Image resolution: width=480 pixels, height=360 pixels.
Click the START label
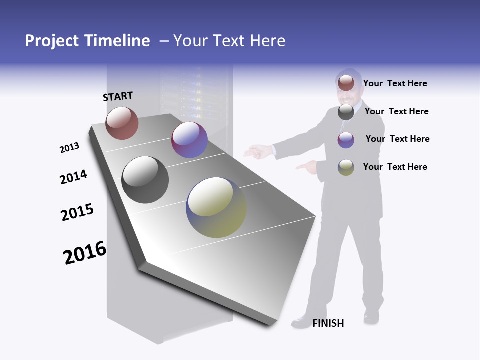point(118,96)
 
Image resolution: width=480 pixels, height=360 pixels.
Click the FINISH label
point(328,323)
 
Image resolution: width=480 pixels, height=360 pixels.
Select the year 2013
point(69,148)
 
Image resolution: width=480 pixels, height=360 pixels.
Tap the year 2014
point(73,177)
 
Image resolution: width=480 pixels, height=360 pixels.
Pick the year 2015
point(77,212)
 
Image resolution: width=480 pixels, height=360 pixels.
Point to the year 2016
point(85,253)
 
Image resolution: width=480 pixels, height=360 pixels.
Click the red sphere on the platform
point(122,123)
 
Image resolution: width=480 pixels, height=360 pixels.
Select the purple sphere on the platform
point(189,140)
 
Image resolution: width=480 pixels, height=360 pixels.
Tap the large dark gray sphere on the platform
point(145,180)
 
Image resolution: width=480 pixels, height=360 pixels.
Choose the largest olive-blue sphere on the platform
point(216,207)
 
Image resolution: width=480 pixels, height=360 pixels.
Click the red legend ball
point(346,83)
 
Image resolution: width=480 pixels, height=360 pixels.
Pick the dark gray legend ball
point(346,112)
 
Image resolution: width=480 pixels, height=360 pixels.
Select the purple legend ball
point(346,140)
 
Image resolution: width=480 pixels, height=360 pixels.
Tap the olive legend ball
point(346,167)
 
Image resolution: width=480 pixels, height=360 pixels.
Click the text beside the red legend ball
point(395,83)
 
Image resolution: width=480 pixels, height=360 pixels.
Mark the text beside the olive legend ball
point(395,167)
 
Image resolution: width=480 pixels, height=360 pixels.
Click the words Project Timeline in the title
point(87,41)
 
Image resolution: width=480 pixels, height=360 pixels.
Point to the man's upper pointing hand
point(256,151)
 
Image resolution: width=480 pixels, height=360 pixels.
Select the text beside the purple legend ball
point(397,139)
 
